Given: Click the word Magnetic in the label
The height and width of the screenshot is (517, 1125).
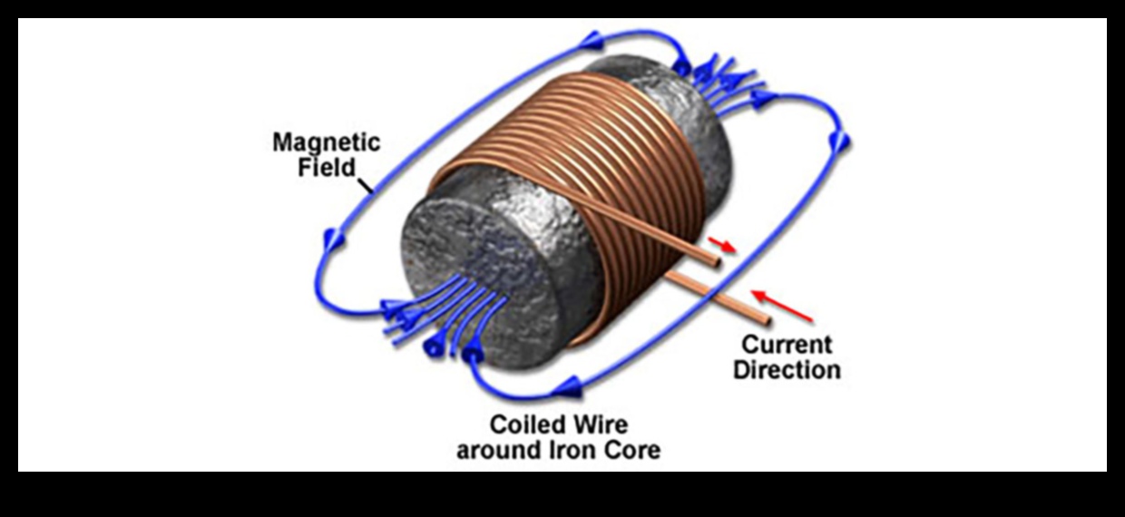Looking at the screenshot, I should click(328, 143).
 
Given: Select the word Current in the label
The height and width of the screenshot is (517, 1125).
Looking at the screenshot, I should click(787, 346).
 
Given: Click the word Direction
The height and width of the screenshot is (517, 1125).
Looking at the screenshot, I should click(787, 370).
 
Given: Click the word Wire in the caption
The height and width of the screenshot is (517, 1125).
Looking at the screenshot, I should click(601, 424).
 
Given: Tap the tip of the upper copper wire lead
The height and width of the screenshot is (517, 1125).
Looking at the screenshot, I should click(716, 264).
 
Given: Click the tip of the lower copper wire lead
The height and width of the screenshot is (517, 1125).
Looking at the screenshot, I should click(767, 319).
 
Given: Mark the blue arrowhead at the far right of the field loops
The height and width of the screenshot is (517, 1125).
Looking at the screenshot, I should click(841, 140).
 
